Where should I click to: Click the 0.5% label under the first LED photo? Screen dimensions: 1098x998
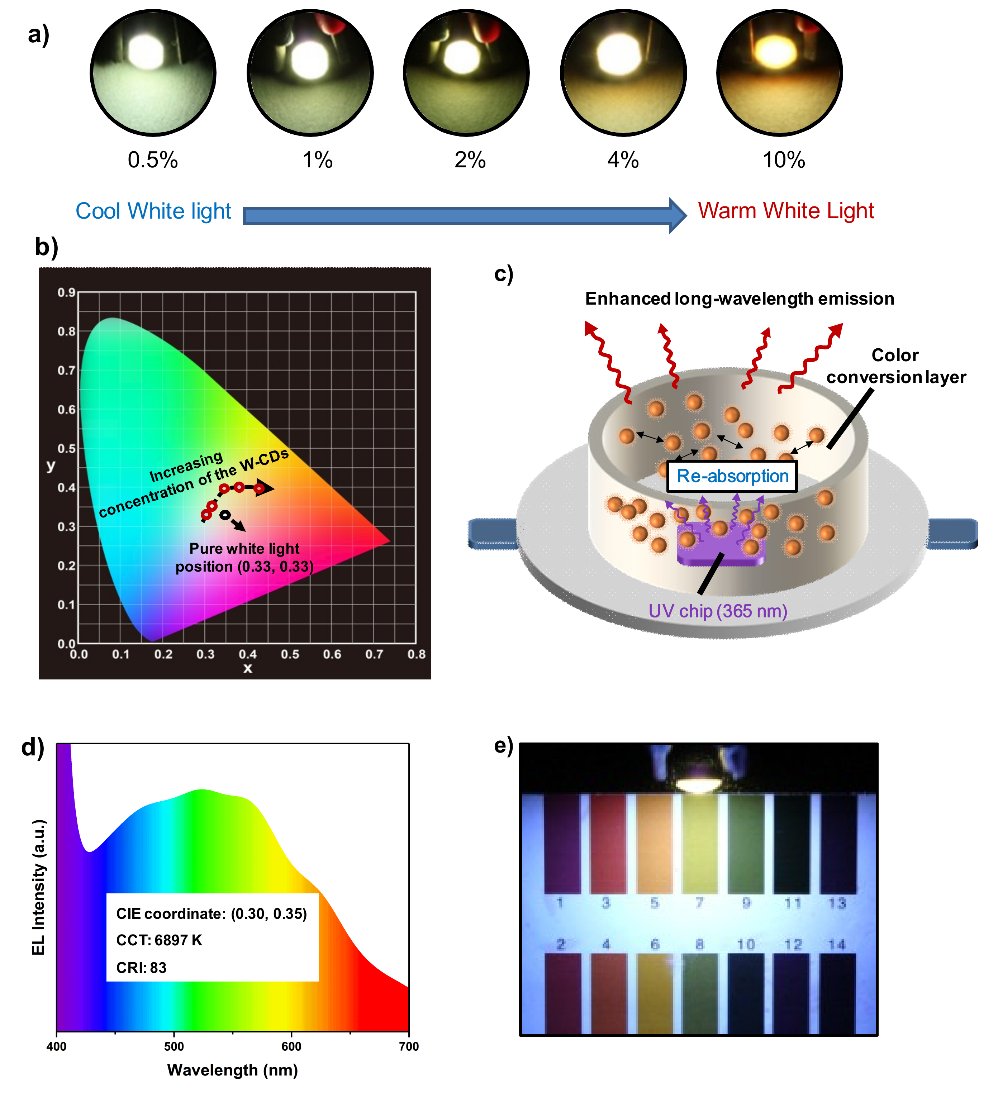pyautogui.click(x=153, y=160)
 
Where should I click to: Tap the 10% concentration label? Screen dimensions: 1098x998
pyautogui.click(x=783, y=160)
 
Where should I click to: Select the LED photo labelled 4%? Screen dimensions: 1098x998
pyautogui.click(x=623, y=72)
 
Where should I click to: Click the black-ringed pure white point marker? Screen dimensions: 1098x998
pyautogui.click(x=224, y=515)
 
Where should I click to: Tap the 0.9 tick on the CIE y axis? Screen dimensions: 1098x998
pyautogui.click(x=66, y=292)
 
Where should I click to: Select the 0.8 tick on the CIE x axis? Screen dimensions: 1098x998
pyautogui.click(x=416, y=654)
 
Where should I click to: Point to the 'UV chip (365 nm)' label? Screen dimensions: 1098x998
pyautogui.click(x=717, y=611)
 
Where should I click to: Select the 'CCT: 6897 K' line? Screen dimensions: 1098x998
pyautogui.click(x=159, y=941)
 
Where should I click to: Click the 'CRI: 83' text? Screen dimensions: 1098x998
pyautogui.click(x=141, y=968)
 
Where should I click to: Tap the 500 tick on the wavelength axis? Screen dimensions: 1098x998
pyautogui.click(x=174, y=1046)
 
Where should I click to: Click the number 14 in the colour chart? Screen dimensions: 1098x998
pyautogui.click(x=837, y=944)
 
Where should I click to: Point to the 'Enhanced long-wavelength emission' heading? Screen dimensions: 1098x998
pyautogui.click(x=739, y=299)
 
